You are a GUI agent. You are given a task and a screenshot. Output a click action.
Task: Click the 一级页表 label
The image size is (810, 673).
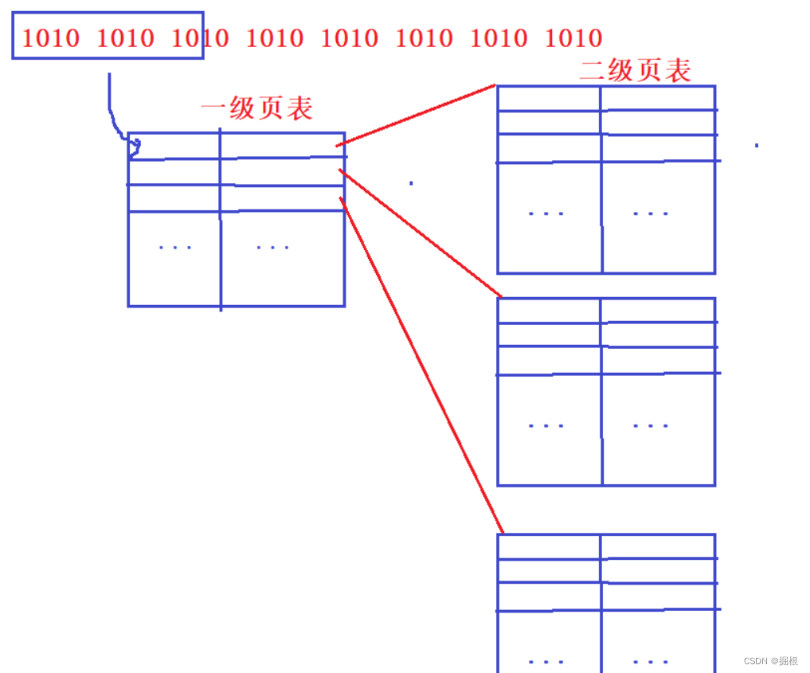point(256,108)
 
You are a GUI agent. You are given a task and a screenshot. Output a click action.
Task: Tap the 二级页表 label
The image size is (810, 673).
point(635,70)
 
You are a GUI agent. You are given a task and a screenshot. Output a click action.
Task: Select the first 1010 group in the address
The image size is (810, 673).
point(50,37)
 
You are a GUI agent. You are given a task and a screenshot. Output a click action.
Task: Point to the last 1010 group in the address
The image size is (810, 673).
point(573,37)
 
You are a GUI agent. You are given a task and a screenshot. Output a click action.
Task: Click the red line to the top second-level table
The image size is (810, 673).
point(416,115)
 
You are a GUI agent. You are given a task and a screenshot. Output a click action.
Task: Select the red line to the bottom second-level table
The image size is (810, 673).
point(422,365)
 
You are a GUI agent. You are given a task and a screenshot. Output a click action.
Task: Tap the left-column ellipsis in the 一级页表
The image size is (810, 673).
point(175,248)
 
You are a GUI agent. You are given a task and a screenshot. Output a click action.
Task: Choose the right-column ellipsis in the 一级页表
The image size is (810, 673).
point(273,248)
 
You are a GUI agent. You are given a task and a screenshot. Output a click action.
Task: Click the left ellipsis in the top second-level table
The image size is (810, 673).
point(546,213)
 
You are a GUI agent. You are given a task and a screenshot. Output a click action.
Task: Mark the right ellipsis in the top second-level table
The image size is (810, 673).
point(651,213)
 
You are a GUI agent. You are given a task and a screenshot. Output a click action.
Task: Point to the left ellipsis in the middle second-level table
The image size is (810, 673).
point(546,425)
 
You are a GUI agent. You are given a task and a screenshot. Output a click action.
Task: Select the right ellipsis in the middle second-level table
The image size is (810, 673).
point(651,425)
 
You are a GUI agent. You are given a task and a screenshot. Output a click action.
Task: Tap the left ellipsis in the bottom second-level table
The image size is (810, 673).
point(546,662)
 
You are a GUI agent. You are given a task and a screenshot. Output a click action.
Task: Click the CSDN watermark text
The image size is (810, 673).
point(771,661)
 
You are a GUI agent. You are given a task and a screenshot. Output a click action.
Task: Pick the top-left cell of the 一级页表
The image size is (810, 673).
point(174,147)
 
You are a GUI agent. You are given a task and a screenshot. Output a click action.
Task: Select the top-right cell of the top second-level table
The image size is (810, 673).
point(658,98)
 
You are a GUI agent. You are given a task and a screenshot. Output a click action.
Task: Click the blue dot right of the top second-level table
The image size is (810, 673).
point(756,146)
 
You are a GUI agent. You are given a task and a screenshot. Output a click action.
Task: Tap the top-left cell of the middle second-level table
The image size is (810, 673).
point(549,311)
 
